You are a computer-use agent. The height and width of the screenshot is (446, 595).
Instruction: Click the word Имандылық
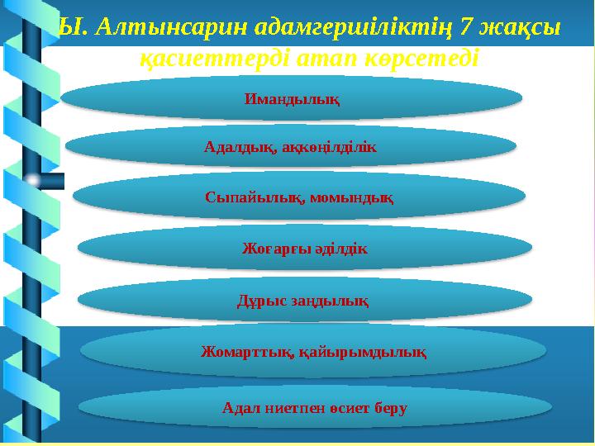[x=293, y=98]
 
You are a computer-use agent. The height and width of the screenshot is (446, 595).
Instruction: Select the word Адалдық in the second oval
[x=231, y=147]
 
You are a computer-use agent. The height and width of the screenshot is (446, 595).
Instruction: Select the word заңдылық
[x=326, y=300]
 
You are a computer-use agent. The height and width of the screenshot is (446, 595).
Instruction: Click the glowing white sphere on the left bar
[x=34, y=179]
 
